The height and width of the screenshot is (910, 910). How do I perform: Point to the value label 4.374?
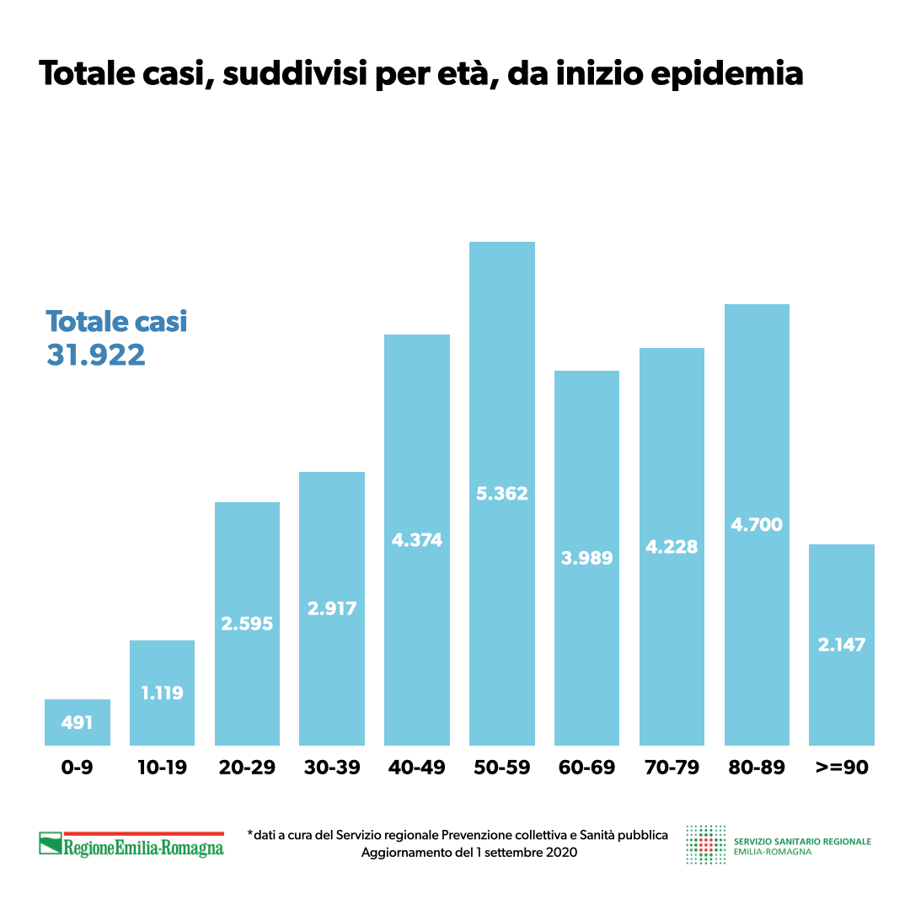point(417,540)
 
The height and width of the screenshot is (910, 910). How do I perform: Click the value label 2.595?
point(247,624)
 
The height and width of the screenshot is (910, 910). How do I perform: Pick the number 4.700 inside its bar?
point(757,525)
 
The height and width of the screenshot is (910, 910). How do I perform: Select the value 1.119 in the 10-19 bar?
point(162,693)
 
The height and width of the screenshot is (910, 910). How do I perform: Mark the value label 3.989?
point(586,558)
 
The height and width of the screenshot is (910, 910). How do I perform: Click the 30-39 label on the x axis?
point(332,768)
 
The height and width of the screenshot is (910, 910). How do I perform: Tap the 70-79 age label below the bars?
point(672,768)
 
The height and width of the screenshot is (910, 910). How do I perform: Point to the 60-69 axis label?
point(586,768)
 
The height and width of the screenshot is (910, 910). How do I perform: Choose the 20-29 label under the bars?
point(247,768)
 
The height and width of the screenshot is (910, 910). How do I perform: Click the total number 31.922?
point(96,355)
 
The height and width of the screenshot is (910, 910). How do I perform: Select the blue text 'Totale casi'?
point(116,321)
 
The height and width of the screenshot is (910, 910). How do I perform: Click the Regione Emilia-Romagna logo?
point(131,844)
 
